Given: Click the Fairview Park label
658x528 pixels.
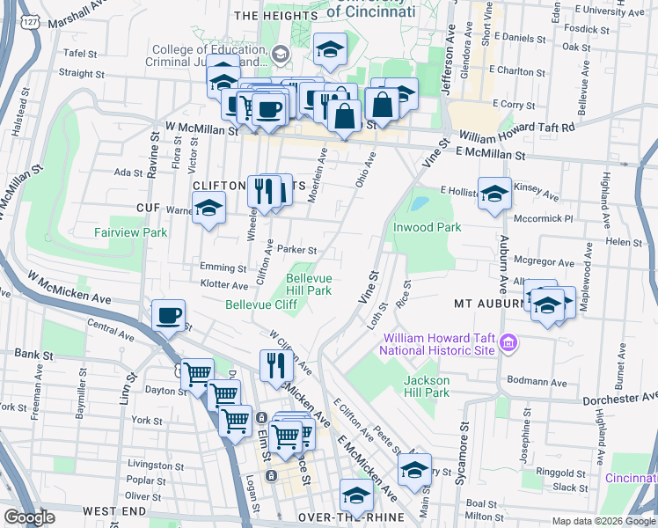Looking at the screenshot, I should click(131, 233).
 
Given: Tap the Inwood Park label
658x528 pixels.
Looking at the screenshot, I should click(427, 227).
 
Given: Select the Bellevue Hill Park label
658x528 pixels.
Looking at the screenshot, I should click(308, 284).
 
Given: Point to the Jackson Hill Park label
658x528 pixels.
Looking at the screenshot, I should click(427, 386).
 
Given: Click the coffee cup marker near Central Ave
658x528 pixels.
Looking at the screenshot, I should click(168, 314).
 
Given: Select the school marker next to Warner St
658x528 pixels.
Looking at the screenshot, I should click(209, 209).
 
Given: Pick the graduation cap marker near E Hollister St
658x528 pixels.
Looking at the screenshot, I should click(494, 193).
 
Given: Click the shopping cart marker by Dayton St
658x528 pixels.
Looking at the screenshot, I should click(197, 374).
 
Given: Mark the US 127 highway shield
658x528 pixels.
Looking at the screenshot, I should click(30, 20).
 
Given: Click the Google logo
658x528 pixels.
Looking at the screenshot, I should click(29, 517).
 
